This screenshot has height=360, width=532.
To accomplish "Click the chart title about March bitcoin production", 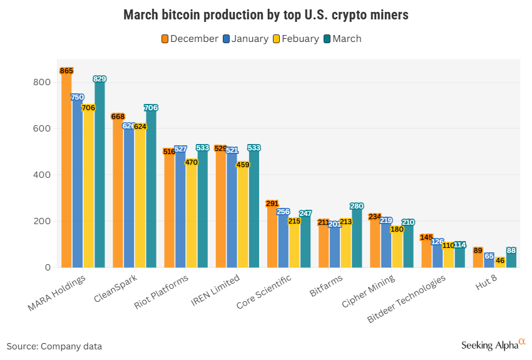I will click(x=265, y=14).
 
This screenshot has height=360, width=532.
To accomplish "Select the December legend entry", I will click(x=190, y=39).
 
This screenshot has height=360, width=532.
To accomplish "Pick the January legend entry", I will click(x=250, y=39).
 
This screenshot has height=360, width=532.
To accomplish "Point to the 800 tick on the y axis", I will click(x=43, y=83).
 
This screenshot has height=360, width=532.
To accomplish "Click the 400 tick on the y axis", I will click(x=43, y=175).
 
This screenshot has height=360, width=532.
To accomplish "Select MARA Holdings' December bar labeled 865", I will click(x=66, y=169).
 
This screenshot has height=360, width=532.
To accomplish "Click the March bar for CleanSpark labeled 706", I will click(x=151, y=188).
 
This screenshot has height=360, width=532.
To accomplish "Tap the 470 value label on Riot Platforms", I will click(x=192, y=162).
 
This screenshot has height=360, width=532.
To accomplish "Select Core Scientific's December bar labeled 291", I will click(x=272, y=235).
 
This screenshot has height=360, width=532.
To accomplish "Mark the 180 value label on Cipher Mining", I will click(x=397, y=229).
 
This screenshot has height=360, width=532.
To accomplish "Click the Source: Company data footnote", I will click(x=54, y=346).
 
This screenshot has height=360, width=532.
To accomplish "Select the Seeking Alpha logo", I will click(x=493, y=344).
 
